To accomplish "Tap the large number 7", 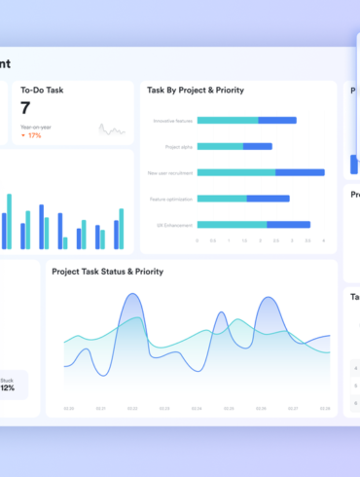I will (26, 108).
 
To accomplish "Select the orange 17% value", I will (34, 135).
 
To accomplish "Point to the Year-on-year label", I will (36, 127).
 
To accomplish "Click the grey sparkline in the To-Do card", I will (111, 129).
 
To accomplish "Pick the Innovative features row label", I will (173, 121).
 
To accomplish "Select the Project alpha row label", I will (179, 146).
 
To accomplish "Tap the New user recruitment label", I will (171, 172).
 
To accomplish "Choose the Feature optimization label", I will (172, 199).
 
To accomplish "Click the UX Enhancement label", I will (176, 224).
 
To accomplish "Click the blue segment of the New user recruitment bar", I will (300, 172).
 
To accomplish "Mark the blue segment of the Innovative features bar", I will (276, 121).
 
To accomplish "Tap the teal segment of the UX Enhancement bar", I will (232, 224).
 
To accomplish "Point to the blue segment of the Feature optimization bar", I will (268, 199).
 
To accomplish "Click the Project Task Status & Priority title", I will (107, 271).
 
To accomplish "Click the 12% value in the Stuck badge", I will (7, 387).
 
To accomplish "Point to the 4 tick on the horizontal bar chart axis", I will (322, 239).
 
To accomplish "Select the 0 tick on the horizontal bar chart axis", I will (198, 239).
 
